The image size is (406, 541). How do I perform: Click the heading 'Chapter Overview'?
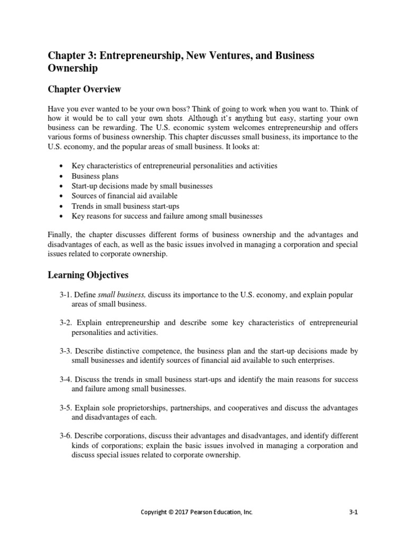[85, 89]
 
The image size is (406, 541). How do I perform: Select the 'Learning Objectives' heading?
[88, 275]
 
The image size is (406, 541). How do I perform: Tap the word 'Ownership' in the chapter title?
[73, 69]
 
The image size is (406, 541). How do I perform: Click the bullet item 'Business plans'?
[95, 176]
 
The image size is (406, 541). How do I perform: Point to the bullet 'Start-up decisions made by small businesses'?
[142, 186]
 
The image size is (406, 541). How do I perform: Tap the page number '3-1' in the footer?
[354, 512]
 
